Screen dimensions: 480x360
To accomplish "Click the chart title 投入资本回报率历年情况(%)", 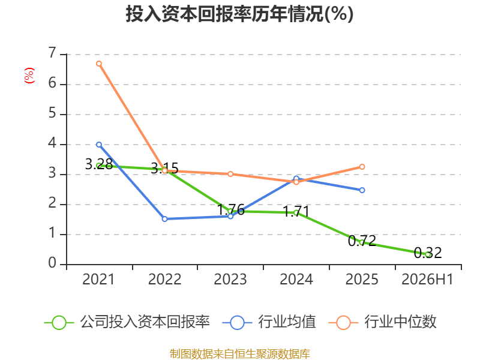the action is pos(239,14).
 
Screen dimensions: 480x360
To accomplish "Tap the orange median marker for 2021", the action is pos(99,64).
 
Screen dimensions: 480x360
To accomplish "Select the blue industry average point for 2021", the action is pos(99,145).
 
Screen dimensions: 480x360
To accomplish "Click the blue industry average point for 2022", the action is pos(164,219).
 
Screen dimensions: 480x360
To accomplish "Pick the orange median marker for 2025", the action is pos(362,167).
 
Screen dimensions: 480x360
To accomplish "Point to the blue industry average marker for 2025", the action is pos(362,190).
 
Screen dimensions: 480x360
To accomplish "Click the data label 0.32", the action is pos(428,253).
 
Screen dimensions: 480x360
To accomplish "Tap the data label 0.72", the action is pos(362,241).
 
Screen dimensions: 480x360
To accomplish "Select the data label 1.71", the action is pos(296,211).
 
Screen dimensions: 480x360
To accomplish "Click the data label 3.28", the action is pos(99,164).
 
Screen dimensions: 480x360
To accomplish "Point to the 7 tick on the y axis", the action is pos(52,53).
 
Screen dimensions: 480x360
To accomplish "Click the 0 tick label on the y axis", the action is pos(52,263).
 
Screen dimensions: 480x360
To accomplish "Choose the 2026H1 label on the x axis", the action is pos(427,279).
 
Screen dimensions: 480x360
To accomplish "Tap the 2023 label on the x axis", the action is pos(230,279).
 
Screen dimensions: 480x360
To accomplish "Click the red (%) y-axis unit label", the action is pos(29,76).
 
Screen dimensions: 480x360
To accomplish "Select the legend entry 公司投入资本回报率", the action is pos(127,322).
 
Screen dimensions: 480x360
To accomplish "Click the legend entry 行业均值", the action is pos(269,322).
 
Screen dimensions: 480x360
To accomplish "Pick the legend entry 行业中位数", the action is pos(382,322).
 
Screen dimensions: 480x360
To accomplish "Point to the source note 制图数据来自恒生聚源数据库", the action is pos(240,354).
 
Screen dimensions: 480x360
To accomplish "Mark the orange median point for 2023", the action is pos(230,174).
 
